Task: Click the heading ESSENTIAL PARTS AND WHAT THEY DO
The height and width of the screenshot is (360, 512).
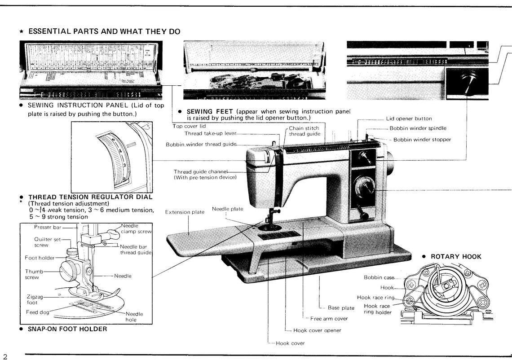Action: click(104, 31)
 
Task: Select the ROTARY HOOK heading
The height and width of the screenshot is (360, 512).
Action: click(455, 257)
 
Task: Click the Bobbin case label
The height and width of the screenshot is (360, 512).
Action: click(379, 277)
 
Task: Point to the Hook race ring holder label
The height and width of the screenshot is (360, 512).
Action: click(378, 309)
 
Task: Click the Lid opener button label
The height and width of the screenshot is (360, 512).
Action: click(409, 119)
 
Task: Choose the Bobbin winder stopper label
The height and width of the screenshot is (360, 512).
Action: click(422, 140)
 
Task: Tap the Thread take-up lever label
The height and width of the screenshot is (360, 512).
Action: click(210, 133)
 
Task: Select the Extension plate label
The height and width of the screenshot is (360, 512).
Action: click(185, 212)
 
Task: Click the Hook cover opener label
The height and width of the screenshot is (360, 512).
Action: click(317, 330)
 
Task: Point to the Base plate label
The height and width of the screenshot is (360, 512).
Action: click(341, 308)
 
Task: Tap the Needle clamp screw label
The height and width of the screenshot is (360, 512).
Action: click(136, 228)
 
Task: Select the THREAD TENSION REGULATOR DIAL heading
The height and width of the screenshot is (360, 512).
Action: click(90, 197)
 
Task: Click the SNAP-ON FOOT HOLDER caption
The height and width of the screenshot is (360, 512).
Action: click(67, 329)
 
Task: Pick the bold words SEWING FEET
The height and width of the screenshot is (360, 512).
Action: click(209, 111)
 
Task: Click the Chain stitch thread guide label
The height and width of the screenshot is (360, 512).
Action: click(305, 131)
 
